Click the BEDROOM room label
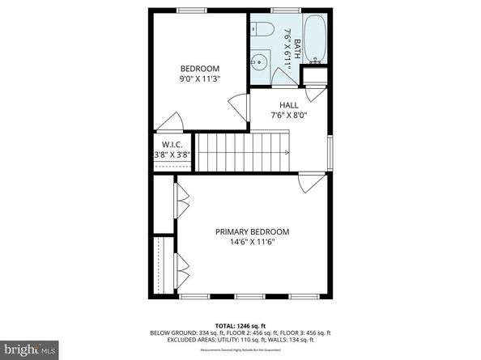pyautogui.click(x=199, y=69)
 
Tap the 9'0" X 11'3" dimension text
pyautogui.click(x=199, y=79)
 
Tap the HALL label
pyautogui.click(x=289, y=105)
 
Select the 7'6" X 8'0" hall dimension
pyautogui.click(x=289, y=116)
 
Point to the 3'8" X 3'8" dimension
pyautogui.click(x=172, y=155)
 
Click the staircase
pyautogui.click(x=244, y=151)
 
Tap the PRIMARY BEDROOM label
pyautogui.click(x=252, y=231)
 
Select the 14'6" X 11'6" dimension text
pyautogui.click(x=252, y=241)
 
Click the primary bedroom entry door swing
pyautogui.click(x=308, y=183)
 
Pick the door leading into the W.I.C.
pyautogui.click(x=171, y=121)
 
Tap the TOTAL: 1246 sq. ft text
pyautogui.click(x=240, y=325)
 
